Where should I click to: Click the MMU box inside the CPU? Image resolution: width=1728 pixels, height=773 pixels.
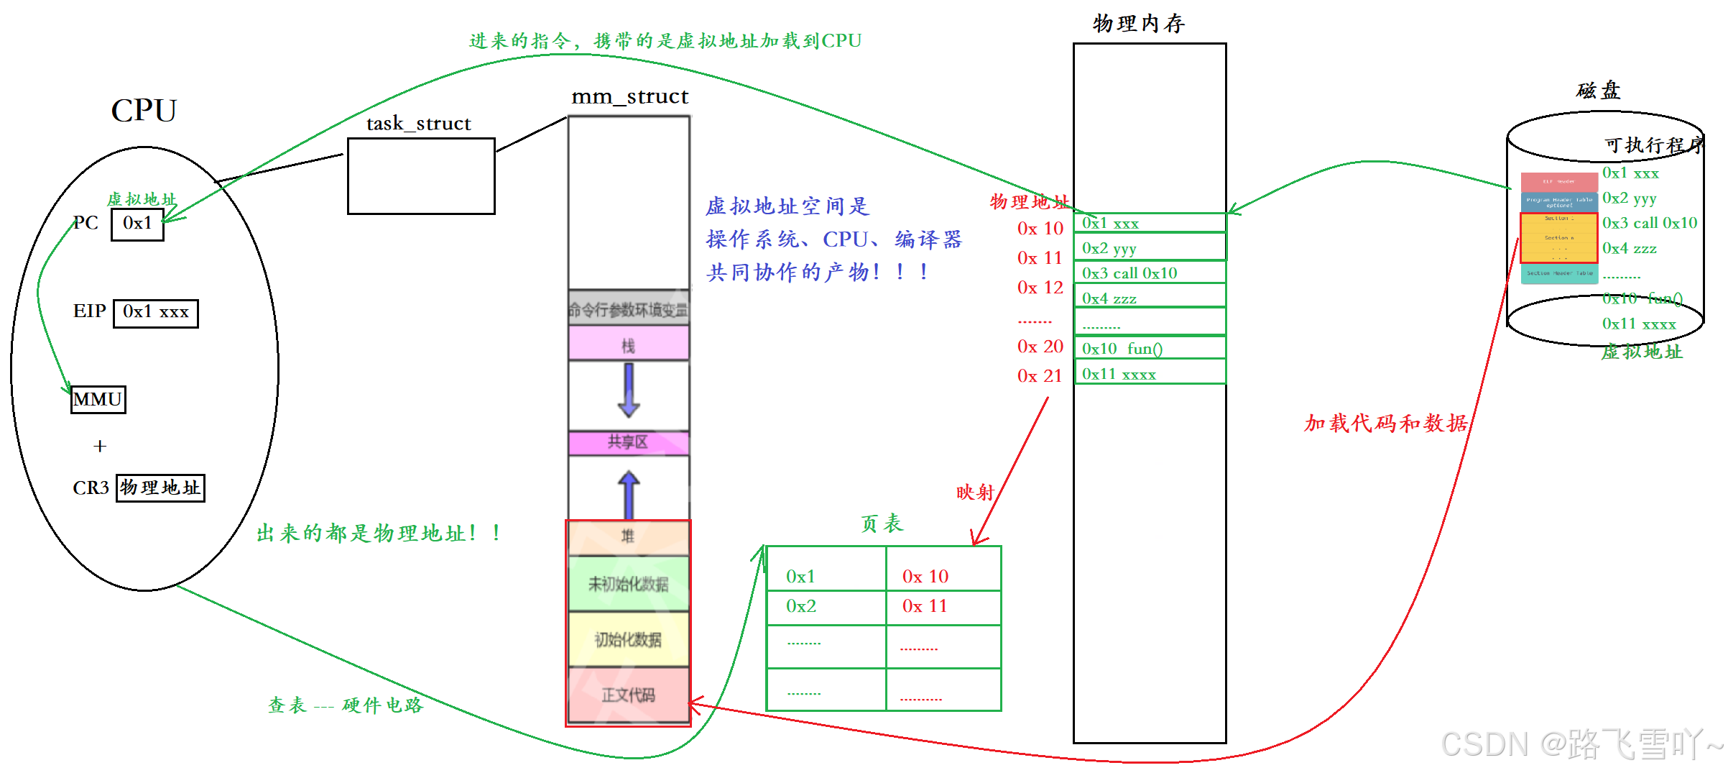point(98,399)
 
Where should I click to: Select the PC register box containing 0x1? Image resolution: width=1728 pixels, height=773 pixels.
point(137,224)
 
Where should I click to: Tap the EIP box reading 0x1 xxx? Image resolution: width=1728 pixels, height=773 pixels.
point(155,313)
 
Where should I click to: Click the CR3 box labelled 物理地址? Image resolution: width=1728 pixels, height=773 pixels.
point(160,488)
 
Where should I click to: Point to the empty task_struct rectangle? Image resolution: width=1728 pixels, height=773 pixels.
point(421,175)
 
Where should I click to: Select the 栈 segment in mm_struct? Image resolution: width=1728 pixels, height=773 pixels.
point(629,344)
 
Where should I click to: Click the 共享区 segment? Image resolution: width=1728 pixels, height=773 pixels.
point(629,442)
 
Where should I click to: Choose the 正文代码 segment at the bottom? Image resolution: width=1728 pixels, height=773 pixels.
point(629,695)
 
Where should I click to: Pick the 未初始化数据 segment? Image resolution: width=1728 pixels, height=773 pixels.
point(629,583)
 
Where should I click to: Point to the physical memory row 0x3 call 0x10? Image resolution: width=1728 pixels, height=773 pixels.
point(1150,273)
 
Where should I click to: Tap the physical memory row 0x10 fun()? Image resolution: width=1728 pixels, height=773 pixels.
point(1150,349)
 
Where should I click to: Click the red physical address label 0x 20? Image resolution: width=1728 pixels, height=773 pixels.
point(1040,347)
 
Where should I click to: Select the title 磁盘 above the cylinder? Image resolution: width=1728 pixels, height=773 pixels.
point(1598,91)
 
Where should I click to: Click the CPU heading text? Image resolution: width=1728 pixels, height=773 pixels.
point(144,111)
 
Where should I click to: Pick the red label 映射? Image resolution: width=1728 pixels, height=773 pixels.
point(974,493)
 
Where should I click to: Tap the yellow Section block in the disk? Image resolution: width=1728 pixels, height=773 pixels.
point(1558,237)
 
